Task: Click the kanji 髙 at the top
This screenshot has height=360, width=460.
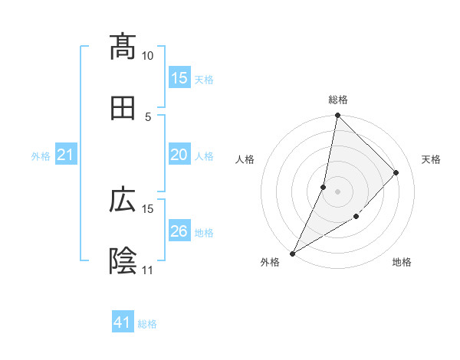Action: point(123,47)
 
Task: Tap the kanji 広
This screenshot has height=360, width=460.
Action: point(123,201)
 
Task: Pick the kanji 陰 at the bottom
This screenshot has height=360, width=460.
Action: point(123,261)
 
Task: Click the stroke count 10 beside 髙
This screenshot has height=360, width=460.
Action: point(148,56)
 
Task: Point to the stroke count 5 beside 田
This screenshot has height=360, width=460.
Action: point(149,116)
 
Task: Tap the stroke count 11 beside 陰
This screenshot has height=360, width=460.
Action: point(148,270)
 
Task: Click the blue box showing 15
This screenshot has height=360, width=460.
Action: point(179,78)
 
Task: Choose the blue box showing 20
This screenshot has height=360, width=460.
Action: point(179,155)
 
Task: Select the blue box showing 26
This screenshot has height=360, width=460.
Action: point(179,232)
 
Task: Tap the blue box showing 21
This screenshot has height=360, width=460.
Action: point(66,155)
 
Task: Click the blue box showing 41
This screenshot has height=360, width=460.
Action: point(123,323)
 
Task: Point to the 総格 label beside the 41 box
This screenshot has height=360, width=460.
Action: point(147,324)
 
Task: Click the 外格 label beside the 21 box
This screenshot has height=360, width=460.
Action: point(41,156)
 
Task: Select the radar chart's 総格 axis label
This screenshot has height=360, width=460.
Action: point(338,100)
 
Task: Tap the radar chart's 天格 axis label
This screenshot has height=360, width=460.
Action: point(432,159)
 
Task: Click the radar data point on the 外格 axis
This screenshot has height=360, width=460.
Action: point(292,254)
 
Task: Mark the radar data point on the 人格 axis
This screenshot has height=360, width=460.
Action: point(324,187)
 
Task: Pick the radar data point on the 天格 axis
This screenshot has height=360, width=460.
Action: point(396,172)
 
